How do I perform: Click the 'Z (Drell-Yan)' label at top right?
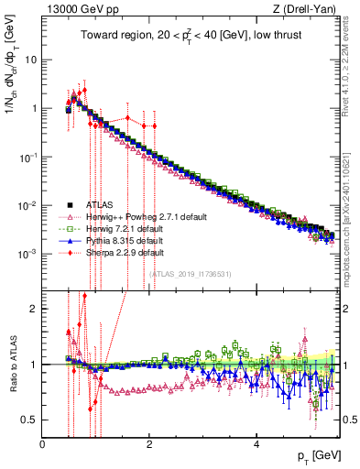(309, 8)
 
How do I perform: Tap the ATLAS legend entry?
(96, 206)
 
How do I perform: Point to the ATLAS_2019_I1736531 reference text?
(190, 273)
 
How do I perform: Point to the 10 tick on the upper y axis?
(32, 59)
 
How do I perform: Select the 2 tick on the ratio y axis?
(35, 308)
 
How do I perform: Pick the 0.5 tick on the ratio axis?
(30, 420)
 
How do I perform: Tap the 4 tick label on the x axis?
(256, 443)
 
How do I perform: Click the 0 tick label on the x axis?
(43, 443)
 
